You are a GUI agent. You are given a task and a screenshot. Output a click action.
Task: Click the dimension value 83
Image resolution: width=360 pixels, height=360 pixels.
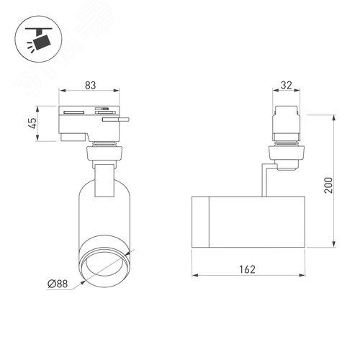tap(90, 85)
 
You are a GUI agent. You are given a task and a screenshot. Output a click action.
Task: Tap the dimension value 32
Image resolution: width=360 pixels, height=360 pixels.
tap(285, 85)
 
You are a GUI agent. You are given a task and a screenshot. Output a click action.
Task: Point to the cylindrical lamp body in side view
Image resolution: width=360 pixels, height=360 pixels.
tap(249, 220)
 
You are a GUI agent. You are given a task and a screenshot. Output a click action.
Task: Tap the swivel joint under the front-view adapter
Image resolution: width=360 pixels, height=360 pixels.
tap(103, 152)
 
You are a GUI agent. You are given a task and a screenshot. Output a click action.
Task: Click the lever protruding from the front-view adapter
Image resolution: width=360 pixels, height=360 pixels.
tap(117, 121)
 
